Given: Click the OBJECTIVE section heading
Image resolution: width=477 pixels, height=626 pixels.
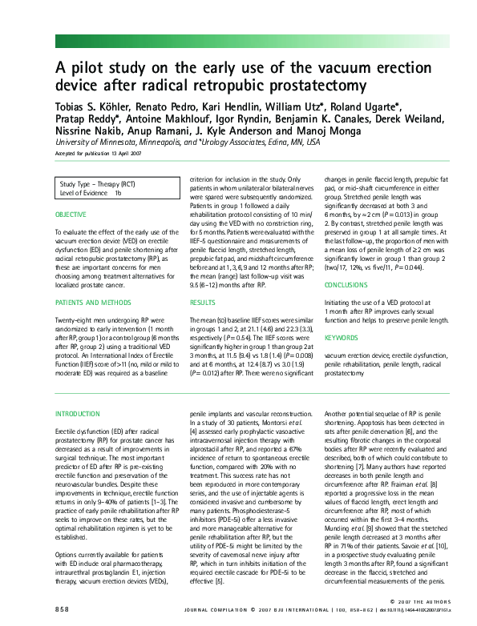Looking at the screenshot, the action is (x=71, y=215).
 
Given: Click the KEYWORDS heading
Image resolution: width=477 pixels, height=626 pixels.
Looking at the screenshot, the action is (x=342, y=337).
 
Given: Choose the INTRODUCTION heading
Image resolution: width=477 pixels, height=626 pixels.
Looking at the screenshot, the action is (x=78, y=414).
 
